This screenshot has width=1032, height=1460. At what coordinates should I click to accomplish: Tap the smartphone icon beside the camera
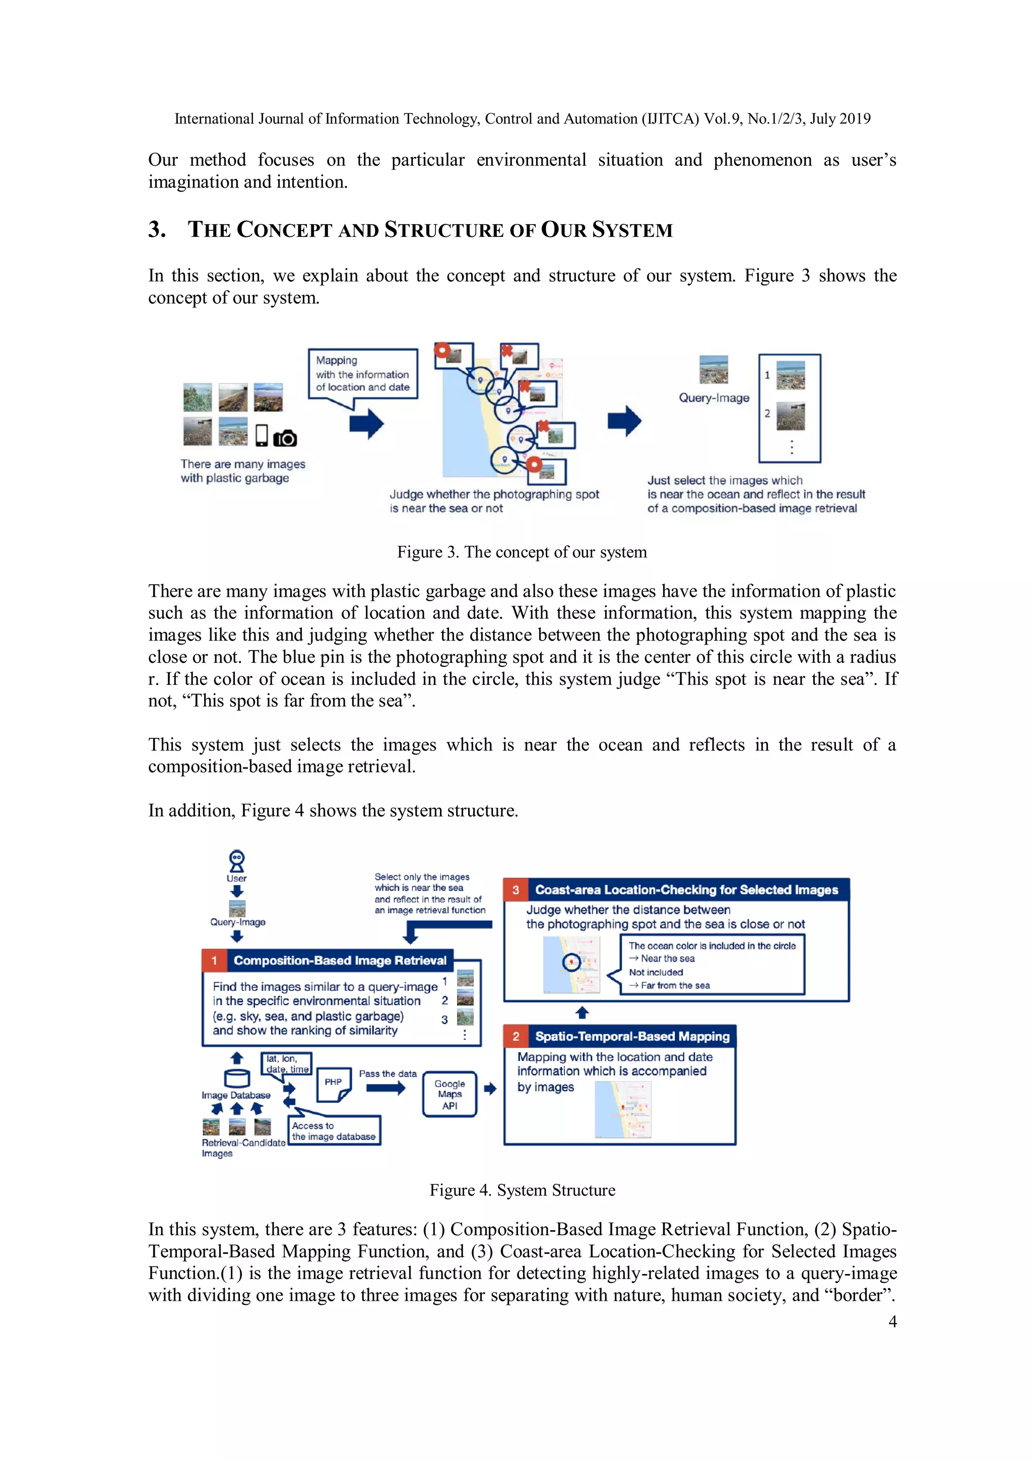pyautogui.click(x=262, y=435)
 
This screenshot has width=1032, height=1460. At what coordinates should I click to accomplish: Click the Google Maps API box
pyautogui.click(x=449, y=1094)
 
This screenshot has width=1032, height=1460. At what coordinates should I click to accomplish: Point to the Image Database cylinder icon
pyautogui.click(x=236, y=1078)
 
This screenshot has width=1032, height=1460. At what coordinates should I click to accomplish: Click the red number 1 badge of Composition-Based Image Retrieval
pyautogui.click(x=214, y=960)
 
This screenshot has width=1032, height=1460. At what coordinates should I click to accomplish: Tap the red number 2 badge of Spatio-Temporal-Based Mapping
pyautogui.click(x=515, y=1037)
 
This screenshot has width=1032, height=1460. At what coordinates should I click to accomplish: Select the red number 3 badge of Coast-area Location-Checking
pyautogui.click(x=515, y=890)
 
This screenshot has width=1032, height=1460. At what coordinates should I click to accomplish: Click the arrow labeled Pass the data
pyautogui.click(x=385, y=1088)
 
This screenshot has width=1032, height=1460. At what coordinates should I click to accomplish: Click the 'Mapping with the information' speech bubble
pyautogui.click(x=362, y=374)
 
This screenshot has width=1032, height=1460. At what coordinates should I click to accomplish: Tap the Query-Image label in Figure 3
pyautogui.click(x=714, y=398)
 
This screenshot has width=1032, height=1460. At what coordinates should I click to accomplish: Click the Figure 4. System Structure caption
pyautogui.click(x=522, y=1190)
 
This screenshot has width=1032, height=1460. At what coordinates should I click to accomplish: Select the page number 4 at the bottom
pyautogui.click(x=892, y=1321)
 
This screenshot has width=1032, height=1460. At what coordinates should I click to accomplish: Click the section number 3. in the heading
pyautogui.click(x=157, y=229)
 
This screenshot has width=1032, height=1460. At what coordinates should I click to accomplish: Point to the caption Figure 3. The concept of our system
pyautogui.click(x=522, y=552)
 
